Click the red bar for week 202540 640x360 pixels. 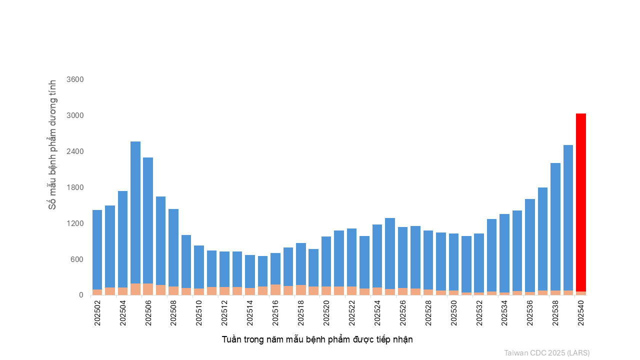[580, 200]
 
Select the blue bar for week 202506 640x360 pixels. [148, 220]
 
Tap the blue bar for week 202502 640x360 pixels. [97, 250]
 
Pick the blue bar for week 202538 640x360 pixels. [555, 225]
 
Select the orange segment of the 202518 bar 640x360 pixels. [301, 290]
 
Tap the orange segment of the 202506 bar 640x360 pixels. [148, 289]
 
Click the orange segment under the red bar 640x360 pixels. [580, 293]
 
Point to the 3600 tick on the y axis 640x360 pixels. [75, 79]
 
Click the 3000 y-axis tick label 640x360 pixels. [75, 115]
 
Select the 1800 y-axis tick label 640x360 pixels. [75, 187]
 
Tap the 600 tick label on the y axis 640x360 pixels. [77, 259]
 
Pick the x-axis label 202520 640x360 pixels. [326, 313]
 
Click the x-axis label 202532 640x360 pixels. [479, 313]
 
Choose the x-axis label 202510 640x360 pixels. [199, 313]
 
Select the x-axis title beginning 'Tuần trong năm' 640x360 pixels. [317, 339]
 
